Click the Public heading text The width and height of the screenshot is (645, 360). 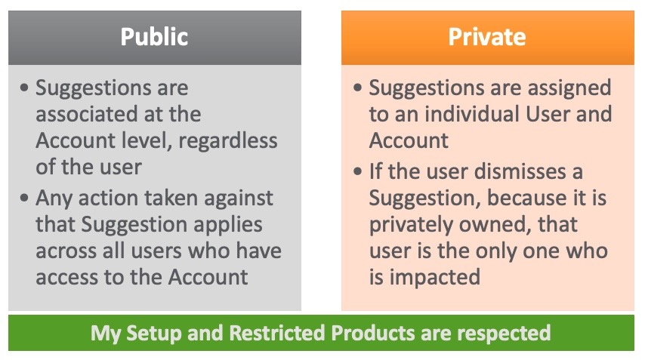click(x=154, y=37)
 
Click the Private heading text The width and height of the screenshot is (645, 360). click(x=487, y=37)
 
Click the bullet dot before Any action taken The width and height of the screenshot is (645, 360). click(x=24, y=198)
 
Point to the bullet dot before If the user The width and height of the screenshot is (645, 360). click(x=357, y=171)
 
